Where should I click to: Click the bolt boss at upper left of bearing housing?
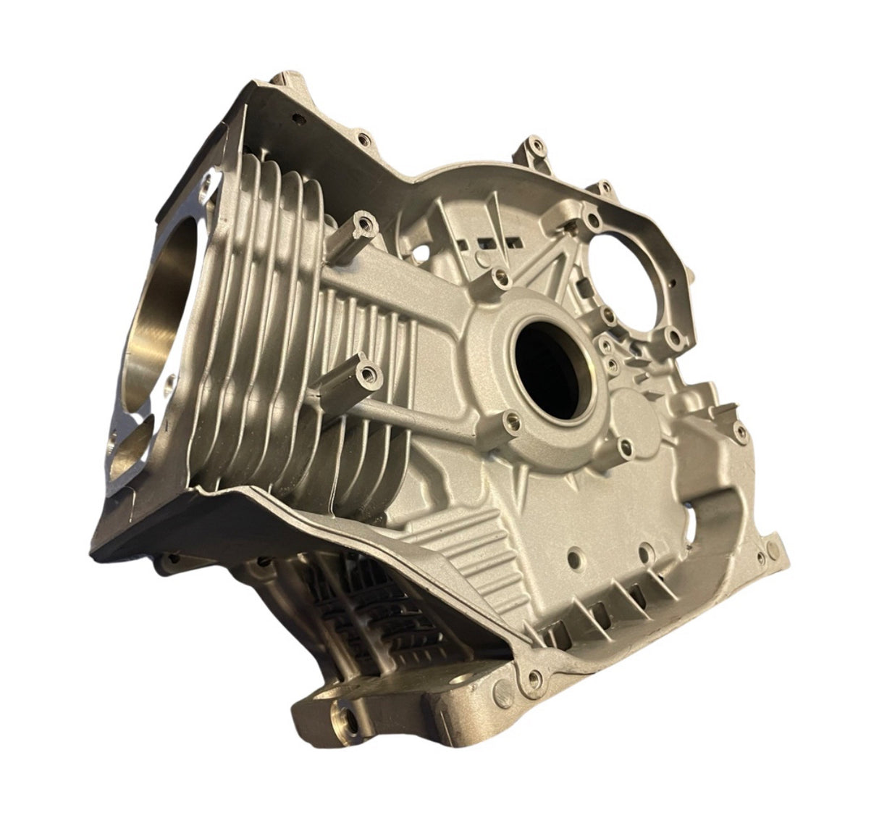(x=498, y=275)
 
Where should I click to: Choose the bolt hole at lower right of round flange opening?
(x=675, y=338)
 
